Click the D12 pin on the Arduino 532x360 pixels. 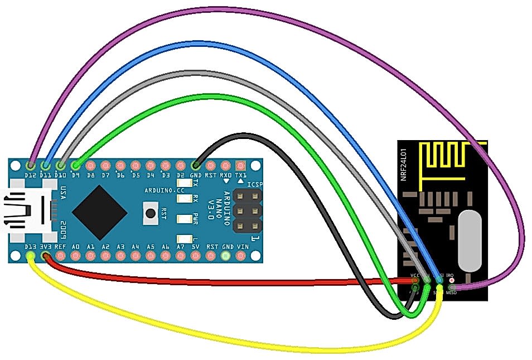31,165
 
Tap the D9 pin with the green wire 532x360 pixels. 76,165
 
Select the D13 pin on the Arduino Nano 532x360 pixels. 31,256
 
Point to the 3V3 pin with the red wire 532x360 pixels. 46,256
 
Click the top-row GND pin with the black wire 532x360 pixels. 196,165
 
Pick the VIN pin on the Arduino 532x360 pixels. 240,256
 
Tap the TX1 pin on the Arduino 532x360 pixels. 240,165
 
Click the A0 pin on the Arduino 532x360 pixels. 76,256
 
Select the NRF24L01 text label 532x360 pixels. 404,161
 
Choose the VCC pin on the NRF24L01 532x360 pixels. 414,280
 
